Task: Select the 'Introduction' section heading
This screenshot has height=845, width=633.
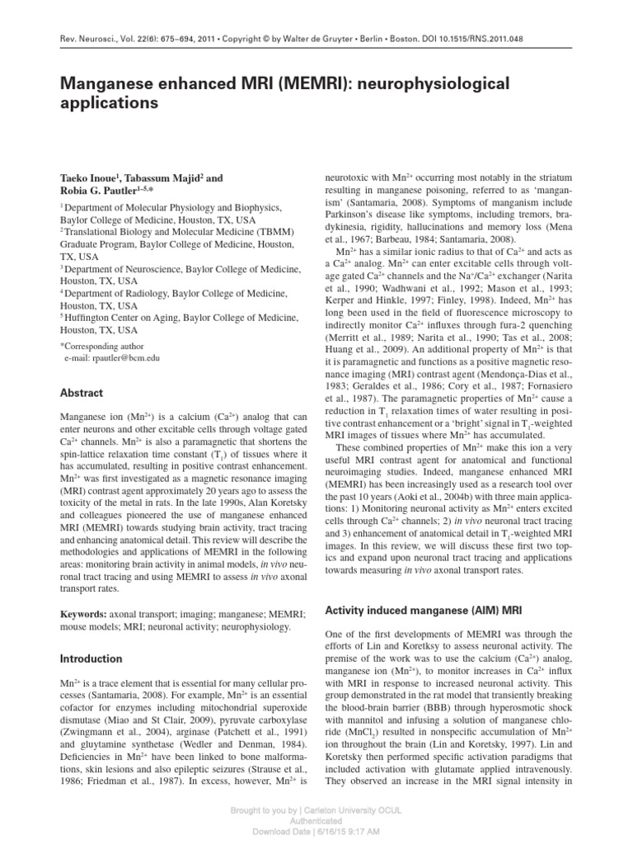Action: (x=91, y=659)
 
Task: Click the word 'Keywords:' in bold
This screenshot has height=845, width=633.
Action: (x=86, y=616)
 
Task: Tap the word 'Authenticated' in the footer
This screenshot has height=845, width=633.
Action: (x=316, y=823)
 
